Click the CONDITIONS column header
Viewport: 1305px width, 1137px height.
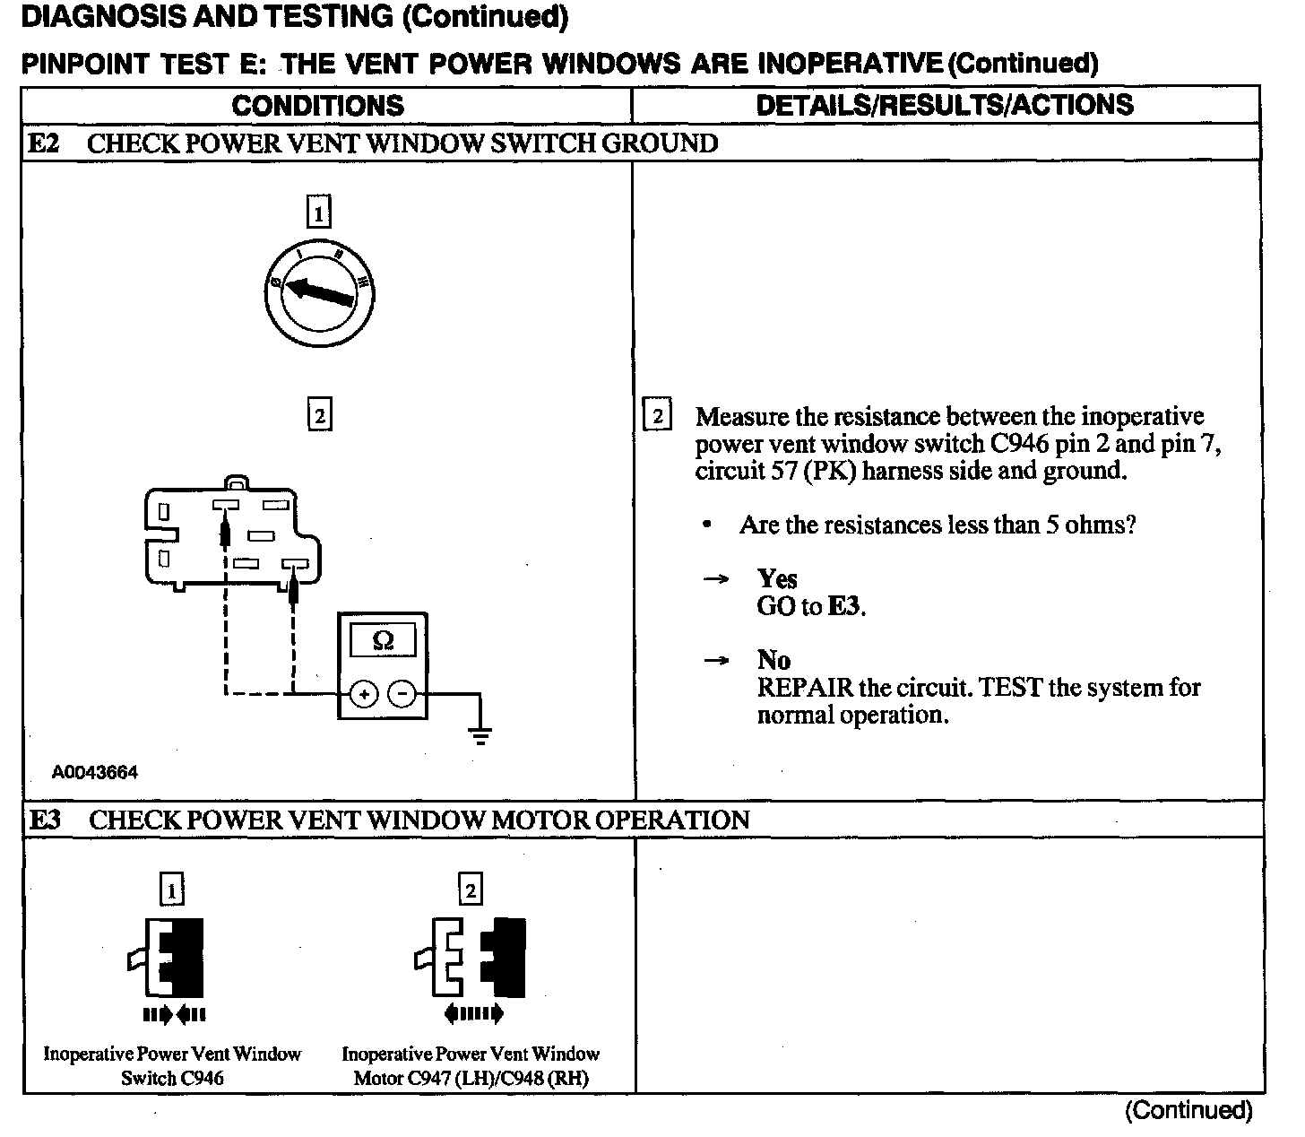(317, 105)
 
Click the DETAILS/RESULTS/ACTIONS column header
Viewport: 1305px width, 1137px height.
(945, 105)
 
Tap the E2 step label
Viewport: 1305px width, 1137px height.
(44, 143)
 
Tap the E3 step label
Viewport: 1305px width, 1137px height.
(45, 820)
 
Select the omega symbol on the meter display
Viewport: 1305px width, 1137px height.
(383, 640)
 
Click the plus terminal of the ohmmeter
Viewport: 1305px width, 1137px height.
(363, 694)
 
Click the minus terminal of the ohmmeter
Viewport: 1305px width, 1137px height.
(402, 694)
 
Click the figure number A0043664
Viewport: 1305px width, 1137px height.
(95, 772)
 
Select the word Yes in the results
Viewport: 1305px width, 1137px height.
(777, 578)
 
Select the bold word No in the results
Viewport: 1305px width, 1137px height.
(773, 660)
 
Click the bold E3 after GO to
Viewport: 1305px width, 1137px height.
(845, 606)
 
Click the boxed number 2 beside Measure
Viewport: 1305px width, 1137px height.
(658, 416)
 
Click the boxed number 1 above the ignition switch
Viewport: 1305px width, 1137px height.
(318, 213)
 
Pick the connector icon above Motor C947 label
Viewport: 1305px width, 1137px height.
(471, 958)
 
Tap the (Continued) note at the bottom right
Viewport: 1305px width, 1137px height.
(1188, 1111)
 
